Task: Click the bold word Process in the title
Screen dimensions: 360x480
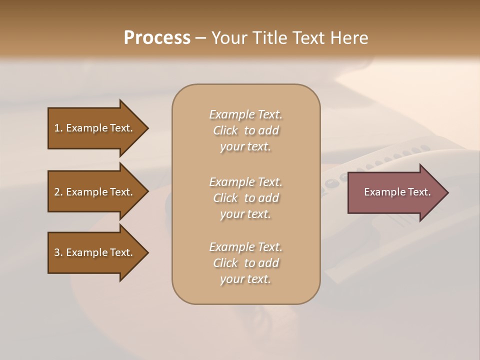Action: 157,38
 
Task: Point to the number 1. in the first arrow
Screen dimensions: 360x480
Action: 58,128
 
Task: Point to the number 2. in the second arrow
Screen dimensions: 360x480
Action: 58,192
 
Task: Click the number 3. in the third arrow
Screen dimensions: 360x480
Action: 58,252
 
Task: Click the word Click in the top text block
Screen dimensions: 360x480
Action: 225,130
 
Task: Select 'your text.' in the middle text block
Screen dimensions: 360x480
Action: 245,214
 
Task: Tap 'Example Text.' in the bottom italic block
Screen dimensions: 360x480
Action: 245,247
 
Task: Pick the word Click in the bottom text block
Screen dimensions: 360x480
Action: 225,263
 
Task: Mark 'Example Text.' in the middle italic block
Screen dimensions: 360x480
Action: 245,182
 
